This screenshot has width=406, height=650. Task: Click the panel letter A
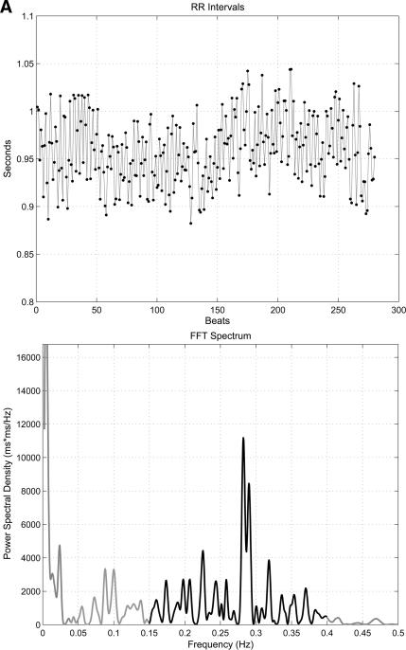8,9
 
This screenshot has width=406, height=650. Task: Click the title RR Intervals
216,9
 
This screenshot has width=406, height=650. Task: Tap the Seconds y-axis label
9,159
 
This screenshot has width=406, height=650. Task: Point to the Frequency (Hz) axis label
216,644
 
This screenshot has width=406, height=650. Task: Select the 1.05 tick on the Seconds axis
24,63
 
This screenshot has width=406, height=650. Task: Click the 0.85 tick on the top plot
24,255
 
